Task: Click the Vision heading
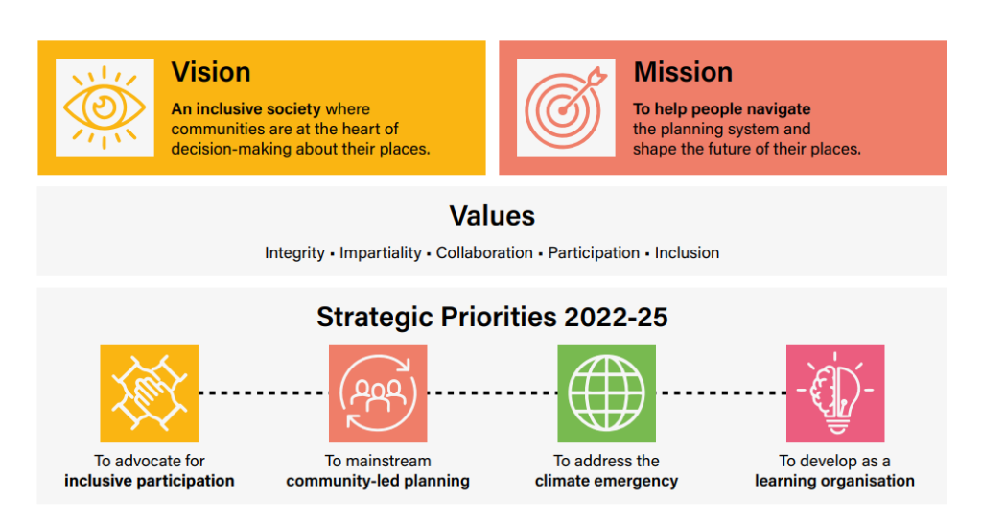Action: (211, 72)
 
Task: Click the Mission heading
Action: (683, 72)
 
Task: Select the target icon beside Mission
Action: (566, 107)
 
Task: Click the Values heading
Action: (492, 215)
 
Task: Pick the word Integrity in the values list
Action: (294, 253)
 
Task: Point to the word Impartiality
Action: (381, 253)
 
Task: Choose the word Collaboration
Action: (484, 253)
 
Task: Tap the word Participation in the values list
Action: (594, 253)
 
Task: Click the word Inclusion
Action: (687, 253)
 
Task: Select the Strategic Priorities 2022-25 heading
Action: (492, 318)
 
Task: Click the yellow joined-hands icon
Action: (149, 392)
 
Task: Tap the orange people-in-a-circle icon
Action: (378, 392)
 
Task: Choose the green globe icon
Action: (606, 392)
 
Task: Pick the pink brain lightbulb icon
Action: (835, 392)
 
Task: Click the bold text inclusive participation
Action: (149, 481)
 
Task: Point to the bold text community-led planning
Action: (378, 481)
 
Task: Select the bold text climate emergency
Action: (606, 481)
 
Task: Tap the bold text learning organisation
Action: (834, 481)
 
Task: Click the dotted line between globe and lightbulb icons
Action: (721, 392)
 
